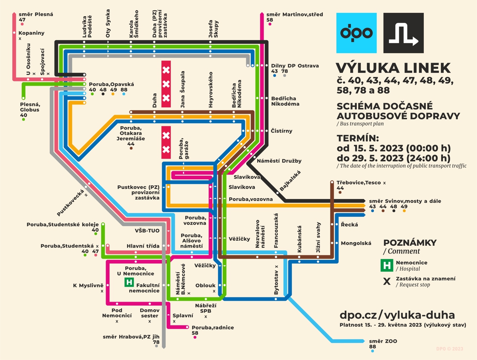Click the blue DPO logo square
[x=356, y=33]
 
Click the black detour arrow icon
[x=403, y=33]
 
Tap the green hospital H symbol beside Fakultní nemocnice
[x=129, y=282]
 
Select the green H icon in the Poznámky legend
[x=387, y=265]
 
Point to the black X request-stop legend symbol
[x=387, y=282]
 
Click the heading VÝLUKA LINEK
[x=393, y=68]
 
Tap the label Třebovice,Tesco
[x=359, y=182]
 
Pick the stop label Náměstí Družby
[x=279, y=161]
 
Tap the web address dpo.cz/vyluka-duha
[x=397, y=315]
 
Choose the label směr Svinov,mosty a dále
[x=405, y=201]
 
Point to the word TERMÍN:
[x=357, y=138]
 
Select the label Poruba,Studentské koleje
[x=63, y=225]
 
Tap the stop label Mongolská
[x=356, y=243]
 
